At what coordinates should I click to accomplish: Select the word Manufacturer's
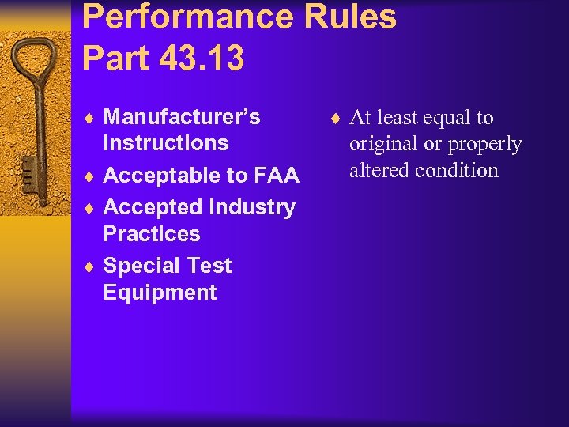[182, 117]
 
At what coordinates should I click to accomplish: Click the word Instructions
[166, 143]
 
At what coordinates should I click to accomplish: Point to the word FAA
[276, 176]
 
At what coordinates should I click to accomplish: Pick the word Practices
[152, 234]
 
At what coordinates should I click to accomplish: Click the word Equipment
[160, 293]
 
